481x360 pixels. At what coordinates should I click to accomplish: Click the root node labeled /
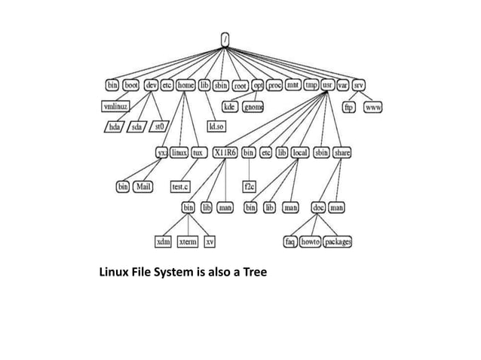click(225, 38)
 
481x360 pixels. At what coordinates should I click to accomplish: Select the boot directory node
click(131, 86)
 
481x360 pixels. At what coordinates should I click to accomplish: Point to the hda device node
click(114, 127)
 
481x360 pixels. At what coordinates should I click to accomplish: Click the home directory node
click(185, 86)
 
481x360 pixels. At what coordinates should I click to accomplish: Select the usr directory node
click(329, 86)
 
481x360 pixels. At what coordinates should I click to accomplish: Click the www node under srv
click(373, 108)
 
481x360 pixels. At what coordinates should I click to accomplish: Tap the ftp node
click(349, 108)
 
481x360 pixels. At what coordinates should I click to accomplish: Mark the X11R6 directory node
click(225, 152)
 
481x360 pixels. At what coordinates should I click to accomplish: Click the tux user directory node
click(199, 152)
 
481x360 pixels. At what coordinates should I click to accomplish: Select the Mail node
click(145, 185)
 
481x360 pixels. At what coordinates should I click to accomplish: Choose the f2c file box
click(248, 185)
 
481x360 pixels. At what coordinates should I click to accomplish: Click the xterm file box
click(187, 242)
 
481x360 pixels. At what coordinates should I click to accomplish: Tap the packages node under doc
click(337, 242)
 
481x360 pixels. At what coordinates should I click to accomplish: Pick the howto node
click(310, 242)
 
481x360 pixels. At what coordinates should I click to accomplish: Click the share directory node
click(342, 152)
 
